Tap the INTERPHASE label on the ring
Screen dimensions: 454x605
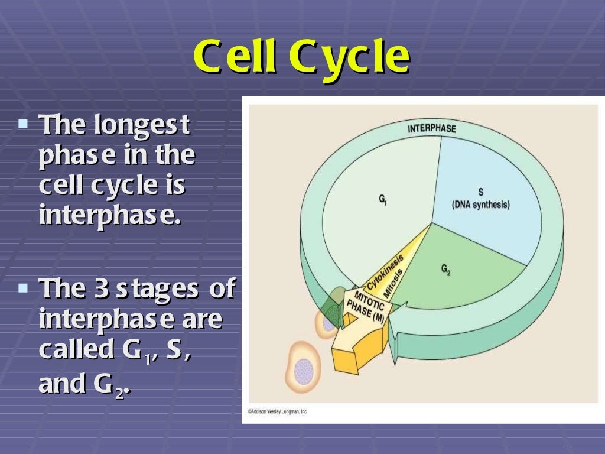[432, 128]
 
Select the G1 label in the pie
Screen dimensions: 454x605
[383, 200]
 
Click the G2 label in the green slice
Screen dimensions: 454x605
[445, 270]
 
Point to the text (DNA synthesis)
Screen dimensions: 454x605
[480, 205]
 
